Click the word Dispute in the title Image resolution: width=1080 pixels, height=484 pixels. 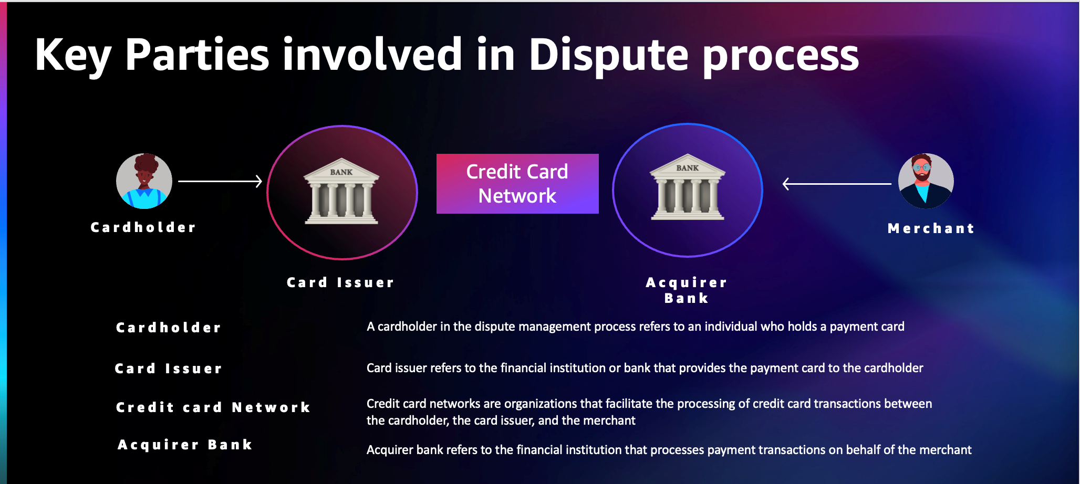click(x=608, y=55)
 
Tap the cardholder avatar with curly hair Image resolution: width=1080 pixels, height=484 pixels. click(x=144, y=181)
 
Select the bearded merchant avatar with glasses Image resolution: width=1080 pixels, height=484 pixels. click(x=926, y=181)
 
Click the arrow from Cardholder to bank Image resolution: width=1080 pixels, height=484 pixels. click(x=220, y=181)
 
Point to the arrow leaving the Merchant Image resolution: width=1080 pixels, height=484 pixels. click(x=837, y=184)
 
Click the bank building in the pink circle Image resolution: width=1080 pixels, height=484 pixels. click(x=341, y=191)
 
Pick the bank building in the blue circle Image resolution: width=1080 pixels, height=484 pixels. click(x=688, y=187)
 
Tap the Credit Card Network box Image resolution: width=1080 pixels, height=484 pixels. click(x=517, y=184)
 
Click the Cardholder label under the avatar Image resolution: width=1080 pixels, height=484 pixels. click(x=143, y=227)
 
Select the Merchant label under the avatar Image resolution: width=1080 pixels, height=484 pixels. click(x=931, y=228)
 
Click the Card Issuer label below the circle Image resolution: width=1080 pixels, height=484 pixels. click(x=340, y=282)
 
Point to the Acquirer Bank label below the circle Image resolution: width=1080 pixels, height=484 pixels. click(x=687, y=290)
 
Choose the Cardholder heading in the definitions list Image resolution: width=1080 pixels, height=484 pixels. click(x=169, y=328)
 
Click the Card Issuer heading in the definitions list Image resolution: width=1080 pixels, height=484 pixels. click(x=169, y=369)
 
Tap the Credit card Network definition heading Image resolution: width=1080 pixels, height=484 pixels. click(x=213, y=407)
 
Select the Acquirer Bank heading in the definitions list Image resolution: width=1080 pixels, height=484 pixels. click(x=185, y=445)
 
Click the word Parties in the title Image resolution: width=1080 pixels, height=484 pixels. click(x=198, y=55)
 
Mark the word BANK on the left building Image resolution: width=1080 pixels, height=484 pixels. click(x=341, y=172)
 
